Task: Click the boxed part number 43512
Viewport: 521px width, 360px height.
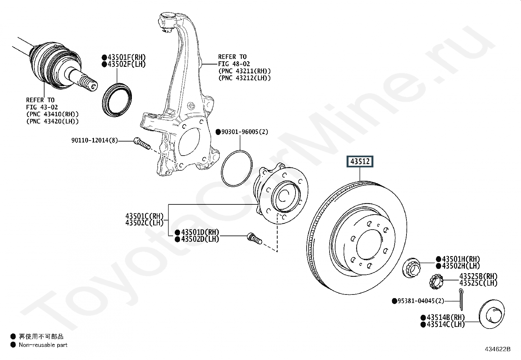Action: [x=360, y=161]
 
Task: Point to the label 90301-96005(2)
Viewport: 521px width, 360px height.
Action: [x=244, y=132]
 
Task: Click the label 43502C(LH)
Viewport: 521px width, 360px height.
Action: [x=144, y=223]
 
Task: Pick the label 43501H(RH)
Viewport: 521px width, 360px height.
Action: [x=461, y=259]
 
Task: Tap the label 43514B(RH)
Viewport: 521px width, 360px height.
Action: [x=445, y=317]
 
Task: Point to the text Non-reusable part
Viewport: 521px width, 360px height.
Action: [x=43, y=345]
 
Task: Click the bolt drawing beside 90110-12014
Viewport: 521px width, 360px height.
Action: [x=142, y=143]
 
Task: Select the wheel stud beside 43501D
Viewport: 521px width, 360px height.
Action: [x=254, y=238]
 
